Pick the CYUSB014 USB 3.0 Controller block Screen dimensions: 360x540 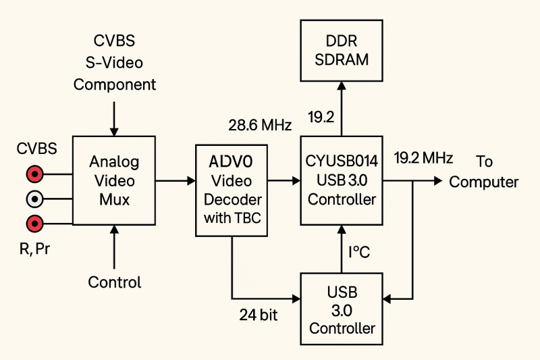[341, 180]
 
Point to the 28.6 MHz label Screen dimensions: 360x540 [260, 126]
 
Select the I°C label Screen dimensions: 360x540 [358, 252]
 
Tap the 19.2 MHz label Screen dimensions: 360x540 [423, 157]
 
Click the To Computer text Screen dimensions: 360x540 [484, 172]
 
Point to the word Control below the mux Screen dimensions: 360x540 [115, 282]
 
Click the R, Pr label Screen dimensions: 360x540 [35, 249]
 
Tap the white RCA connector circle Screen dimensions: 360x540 [34, 199]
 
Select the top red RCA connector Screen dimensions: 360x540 [34, 175]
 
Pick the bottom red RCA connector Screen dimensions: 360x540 [34, 223]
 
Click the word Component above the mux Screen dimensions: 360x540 [115, 85]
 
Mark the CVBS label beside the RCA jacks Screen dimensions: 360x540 [35, 149]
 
